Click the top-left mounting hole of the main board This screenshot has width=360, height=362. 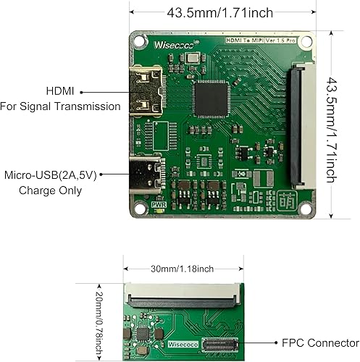click(x=140, y=41)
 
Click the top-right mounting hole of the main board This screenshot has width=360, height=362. click(x=309, y=43)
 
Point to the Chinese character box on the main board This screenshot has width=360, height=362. click(x=286, y=201)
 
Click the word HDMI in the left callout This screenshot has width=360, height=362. click(x=62, y=92)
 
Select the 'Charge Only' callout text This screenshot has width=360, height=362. click(x=51, y=190)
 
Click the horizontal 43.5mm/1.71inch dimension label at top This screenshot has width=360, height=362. click(x=219, y=12)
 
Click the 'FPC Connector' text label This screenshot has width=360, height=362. click(x=320, y=342)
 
